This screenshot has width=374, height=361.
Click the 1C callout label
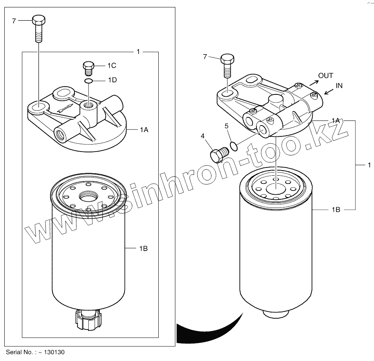click(112, 65)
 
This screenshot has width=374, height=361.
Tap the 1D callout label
click(113, 80)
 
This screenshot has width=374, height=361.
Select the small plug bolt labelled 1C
click(88, 68)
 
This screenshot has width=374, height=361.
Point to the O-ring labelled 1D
click(88, 81)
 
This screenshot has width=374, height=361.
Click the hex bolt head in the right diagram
click(227, 59)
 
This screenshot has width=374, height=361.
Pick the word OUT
click(326, 76)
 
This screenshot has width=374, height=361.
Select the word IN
click(339, 85)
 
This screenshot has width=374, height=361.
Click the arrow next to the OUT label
click(314, 83)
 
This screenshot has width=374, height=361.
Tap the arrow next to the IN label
click(329, 91)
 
